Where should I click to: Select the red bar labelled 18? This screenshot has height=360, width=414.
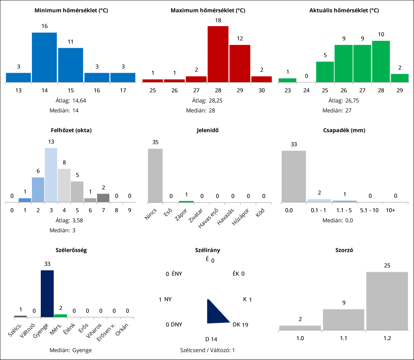tap(218, 54)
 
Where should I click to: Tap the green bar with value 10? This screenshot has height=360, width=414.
tap(381, 61)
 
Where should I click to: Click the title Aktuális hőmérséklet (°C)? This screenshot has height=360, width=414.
tap(344, 10)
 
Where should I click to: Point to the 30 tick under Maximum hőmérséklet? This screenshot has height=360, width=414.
tap(261, 90)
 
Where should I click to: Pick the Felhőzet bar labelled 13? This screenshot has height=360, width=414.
tap(51, 175)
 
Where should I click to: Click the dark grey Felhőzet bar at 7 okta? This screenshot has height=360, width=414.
tap(103, 198)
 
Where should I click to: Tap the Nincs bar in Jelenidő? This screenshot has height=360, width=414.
tap(155, 175)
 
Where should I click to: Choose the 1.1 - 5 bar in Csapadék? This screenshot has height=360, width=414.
tap(345, 201)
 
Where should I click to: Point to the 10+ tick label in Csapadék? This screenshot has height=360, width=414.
tap(390, 210)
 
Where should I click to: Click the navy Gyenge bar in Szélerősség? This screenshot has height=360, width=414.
tap(47, 293)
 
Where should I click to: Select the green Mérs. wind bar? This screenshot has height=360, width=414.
tap(60, 315)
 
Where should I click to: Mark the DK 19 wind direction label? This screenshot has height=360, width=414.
tap(240, 324)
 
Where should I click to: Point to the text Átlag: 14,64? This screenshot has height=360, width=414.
tap(70, 100)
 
